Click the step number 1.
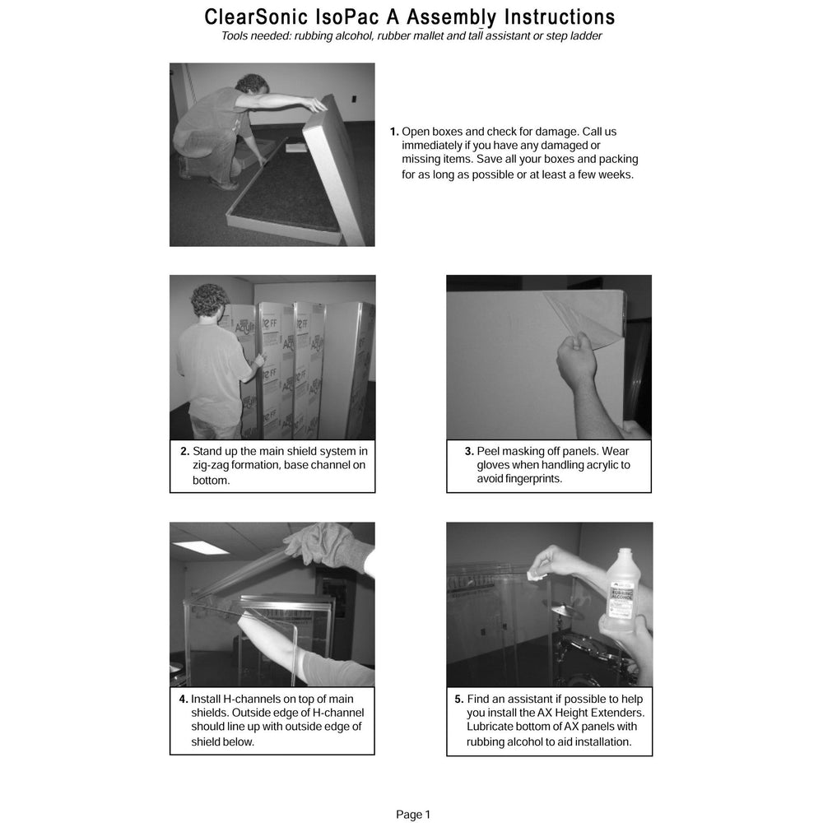(x=394, y=132)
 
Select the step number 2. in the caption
(x=184, y=451)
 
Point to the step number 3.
(x=469, y=451)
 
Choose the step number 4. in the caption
(x=184, y=699)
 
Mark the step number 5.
(x=459, y=699)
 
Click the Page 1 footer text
(x=412, y=815)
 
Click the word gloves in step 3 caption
(x=497, y=465)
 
